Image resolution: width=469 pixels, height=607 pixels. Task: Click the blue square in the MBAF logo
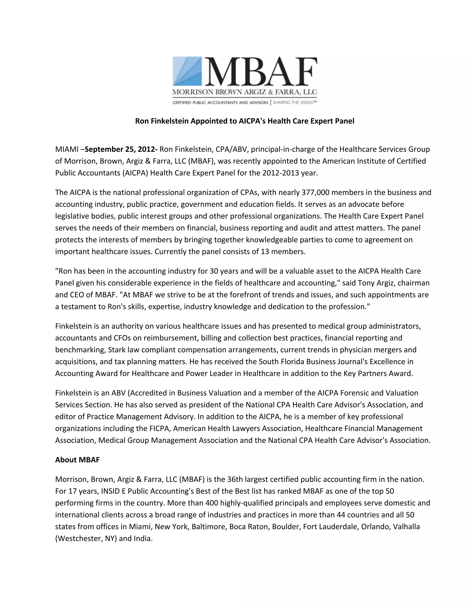[x=187, y=71]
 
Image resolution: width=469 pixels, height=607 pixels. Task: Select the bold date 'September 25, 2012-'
[x=121, y=149]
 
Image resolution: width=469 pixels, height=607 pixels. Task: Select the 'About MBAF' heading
[x=77, y=460]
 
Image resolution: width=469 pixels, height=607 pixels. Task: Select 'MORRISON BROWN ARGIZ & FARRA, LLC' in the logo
[x=245, y=92]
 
